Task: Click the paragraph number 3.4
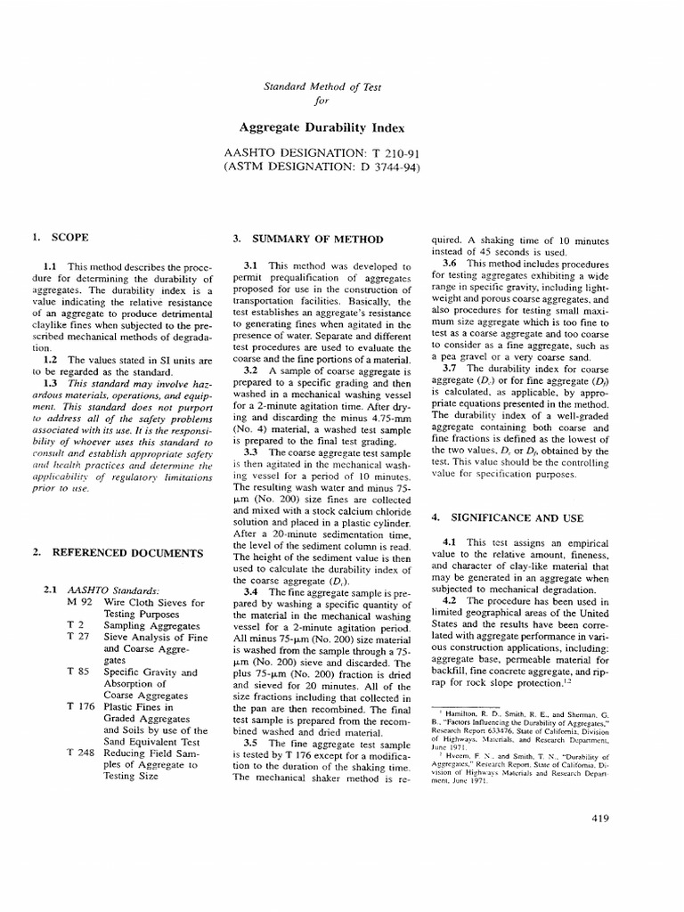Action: tap(252, 590)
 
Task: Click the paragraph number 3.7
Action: tap(451, 368)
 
